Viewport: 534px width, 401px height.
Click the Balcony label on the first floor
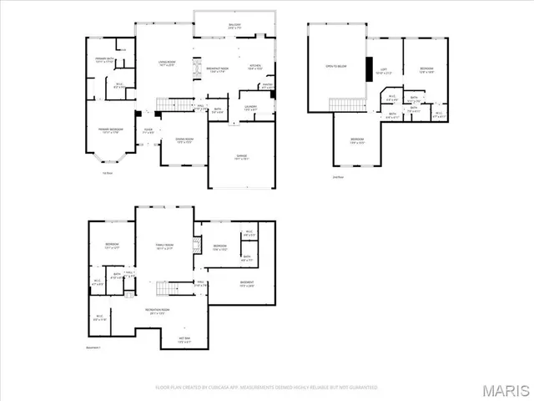pyautogui.click(x=234, y=26)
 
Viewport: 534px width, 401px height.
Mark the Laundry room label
pyautogui.click(x=249, y=107)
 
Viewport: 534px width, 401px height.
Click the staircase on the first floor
pyautogui.click(x=169, y=104)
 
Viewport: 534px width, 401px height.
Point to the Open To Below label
pyautogui.click(x=335, y=65)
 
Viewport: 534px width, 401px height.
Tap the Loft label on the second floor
pyautogui.click(x=383, y=70)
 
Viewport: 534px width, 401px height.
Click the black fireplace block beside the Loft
pyautogui.click(x=367, y=71)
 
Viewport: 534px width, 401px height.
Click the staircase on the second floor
pyautogui.click(x=345, y=104)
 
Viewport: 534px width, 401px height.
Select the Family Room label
pyautogui.click(x=164, y=246)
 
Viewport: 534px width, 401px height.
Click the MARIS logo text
pyautogui.click(x=505, y=388)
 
